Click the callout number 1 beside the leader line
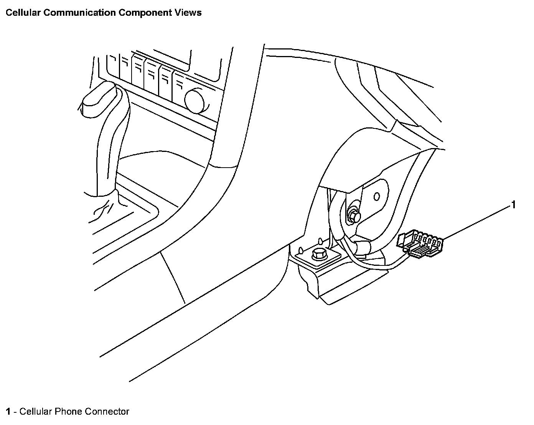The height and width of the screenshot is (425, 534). [513, 205]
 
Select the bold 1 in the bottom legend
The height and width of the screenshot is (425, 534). [8, 412]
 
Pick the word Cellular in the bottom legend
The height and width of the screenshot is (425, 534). [35, 412]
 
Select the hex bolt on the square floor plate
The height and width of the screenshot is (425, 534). [319, 254]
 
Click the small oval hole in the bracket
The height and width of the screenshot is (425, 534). [377, 197]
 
